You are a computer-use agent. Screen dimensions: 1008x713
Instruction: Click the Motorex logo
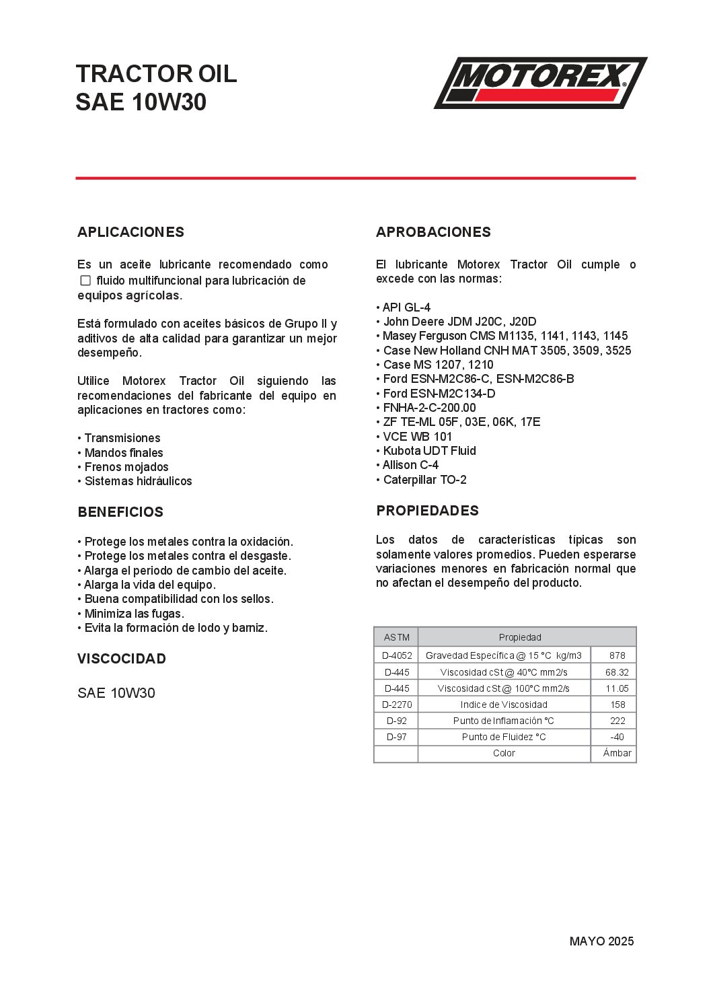[x=540, y=83]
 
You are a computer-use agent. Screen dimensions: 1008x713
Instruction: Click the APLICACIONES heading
[x=130, y=232]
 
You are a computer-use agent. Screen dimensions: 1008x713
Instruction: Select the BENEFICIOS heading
[x=120, y=512]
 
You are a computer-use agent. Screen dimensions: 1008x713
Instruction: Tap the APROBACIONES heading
[x=433, y=232]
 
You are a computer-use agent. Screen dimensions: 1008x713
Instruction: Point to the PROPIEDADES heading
[x=427, y=511]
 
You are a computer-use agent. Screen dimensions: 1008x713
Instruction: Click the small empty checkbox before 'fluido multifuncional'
[x=85, y=281]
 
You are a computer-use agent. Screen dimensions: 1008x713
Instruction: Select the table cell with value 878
[x=617, y=655]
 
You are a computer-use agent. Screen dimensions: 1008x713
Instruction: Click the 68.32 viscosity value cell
[x=617, y=672]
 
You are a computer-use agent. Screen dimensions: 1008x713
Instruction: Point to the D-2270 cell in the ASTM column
[x=397, y=705]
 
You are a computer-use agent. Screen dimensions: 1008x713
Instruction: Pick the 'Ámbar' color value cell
[x=617, y=753]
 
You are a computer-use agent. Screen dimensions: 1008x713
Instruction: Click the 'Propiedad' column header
[x=520, y=637]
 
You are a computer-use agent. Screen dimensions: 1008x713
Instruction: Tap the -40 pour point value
[x=617, y=737]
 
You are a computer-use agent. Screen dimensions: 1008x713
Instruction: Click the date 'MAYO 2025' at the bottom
[x=601, y=941]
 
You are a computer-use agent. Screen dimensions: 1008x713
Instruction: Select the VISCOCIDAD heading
[x=122, y=659]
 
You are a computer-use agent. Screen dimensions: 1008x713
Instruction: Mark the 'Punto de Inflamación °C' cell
[x=504, y=721]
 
